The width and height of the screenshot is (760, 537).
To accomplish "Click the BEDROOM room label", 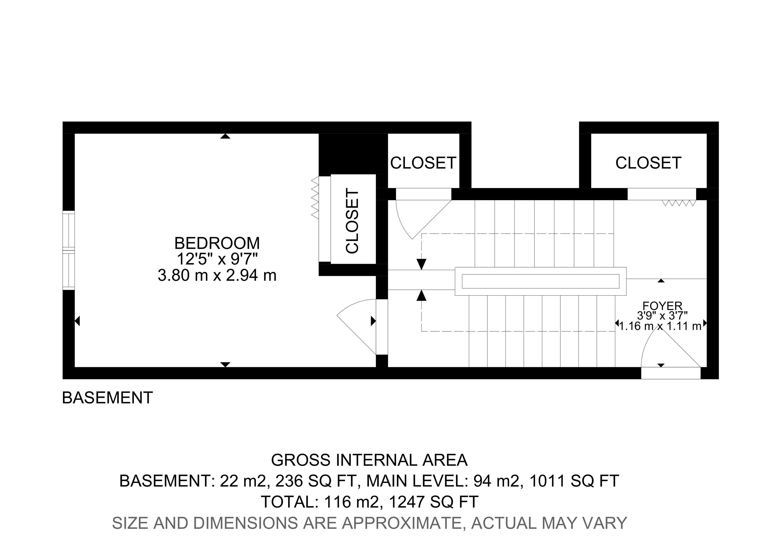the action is pos(217,243).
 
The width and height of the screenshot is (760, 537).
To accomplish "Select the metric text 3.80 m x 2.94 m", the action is pos(217,275).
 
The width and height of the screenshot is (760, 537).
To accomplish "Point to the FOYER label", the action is pos(662,305).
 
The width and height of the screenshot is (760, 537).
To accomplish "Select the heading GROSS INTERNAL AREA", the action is pos(369,460).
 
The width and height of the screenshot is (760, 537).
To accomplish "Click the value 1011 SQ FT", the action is pos(574,481).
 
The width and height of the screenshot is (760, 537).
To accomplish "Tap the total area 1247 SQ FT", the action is pos(434,502).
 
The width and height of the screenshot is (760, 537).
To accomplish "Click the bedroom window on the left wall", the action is pos(69,250).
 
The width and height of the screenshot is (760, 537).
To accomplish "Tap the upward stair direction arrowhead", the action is pos(421,295).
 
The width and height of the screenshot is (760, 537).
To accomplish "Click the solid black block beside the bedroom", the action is pos(353,154).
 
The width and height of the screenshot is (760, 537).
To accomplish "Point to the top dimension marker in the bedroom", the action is pos(225,136).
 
